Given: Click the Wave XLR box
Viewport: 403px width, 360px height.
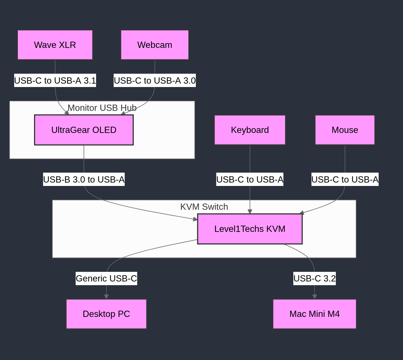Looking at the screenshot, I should (x=55, y=45).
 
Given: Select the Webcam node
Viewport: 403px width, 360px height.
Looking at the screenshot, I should (x=155, y=45).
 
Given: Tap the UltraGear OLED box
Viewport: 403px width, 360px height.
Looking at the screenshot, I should (x=84, y=130).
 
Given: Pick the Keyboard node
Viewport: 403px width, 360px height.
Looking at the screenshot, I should (x=250, y=130).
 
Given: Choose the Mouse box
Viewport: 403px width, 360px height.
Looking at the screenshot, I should (x=345, y=130).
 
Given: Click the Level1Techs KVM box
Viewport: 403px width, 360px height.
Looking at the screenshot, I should (x=250, y=229).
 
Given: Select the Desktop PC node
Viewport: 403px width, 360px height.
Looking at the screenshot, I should (x=106, y=314).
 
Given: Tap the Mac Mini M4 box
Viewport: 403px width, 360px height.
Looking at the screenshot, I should (x=315, y=314).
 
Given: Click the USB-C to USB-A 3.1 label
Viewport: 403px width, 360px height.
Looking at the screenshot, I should (x=55, y=81).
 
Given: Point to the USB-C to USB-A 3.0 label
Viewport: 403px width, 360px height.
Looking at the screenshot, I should (x=155, y=81).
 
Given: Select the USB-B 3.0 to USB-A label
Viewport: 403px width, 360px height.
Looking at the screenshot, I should (x=84, y=179).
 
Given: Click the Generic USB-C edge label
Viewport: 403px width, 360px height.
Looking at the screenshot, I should (x=106, y=278).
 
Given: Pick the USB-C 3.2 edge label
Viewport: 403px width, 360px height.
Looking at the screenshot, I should (x=315, y=278).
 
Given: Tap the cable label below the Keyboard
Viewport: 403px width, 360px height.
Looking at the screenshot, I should (x=250, y=179).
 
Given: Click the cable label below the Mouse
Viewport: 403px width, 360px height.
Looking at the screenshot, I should (x=345, y=179).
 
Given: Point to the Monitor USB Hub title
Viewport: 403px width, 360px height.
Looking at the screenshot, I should (x=102, y=108).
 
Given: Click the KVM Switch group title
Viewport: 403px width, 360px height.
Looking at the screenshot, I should (x=204, y=207).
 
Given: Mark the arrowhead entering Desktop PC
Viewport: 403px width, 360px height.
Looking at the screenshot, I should (x=106, y=297).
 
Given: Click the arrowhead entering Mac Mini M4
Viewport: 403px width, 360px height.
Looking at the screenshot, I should (x=315, y=297).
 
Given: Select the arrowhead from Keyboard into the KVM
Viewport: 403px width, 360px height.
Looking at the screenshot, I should (x=250, y=211).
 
